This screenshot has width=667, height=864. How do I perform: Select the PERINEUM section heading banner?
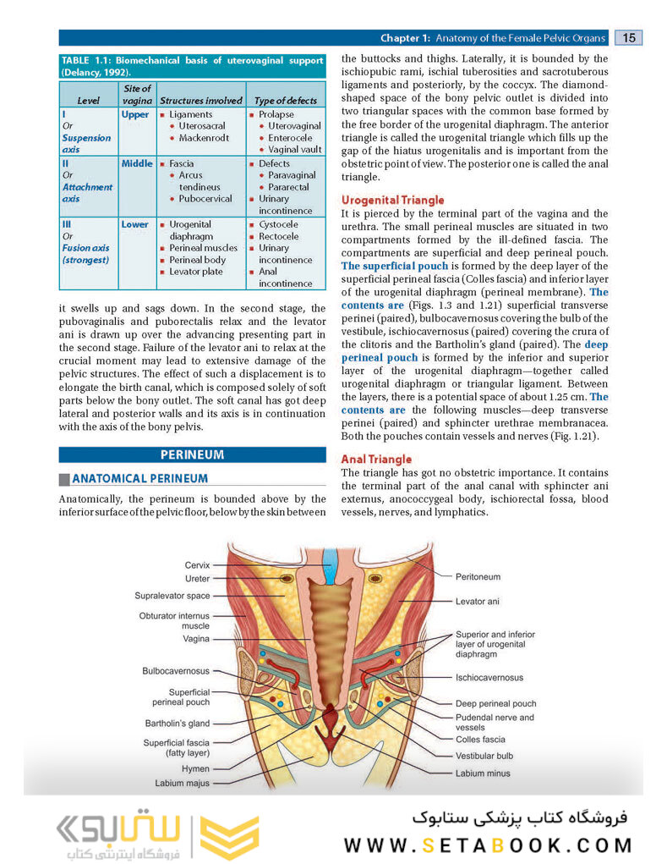(192, 454)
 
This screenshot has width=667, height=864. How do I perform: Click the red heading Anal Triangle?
(376, 460)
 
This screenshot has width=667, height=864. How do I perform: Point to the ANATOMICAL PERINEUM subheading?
(139, 478)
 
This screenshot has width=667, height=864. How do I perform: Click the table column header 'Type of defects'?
(285, 101)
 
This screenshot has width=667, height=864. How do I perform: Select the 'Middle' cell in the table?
(137, 163)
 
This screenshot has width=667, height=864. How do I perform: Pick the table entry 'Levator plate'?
(195, 272)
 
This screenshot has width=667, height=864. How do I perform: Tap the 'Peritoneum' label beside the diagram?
(478, 577)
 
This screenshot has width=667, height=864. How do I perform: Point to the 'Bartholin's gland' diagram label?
(177, 724)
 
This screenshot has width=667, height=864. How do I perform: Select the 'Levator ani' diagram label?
(477, 602)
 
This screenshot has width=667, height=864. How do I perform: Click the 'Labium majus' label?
(182, 783)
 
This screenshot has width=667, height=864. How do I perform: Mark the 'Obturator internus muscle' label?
(174, 621)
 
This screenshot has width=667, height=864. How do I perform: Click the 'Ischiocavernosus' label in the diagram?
(489, 677)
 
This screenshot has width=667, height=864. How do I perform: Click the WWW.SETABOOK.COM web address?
(488, 845)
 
